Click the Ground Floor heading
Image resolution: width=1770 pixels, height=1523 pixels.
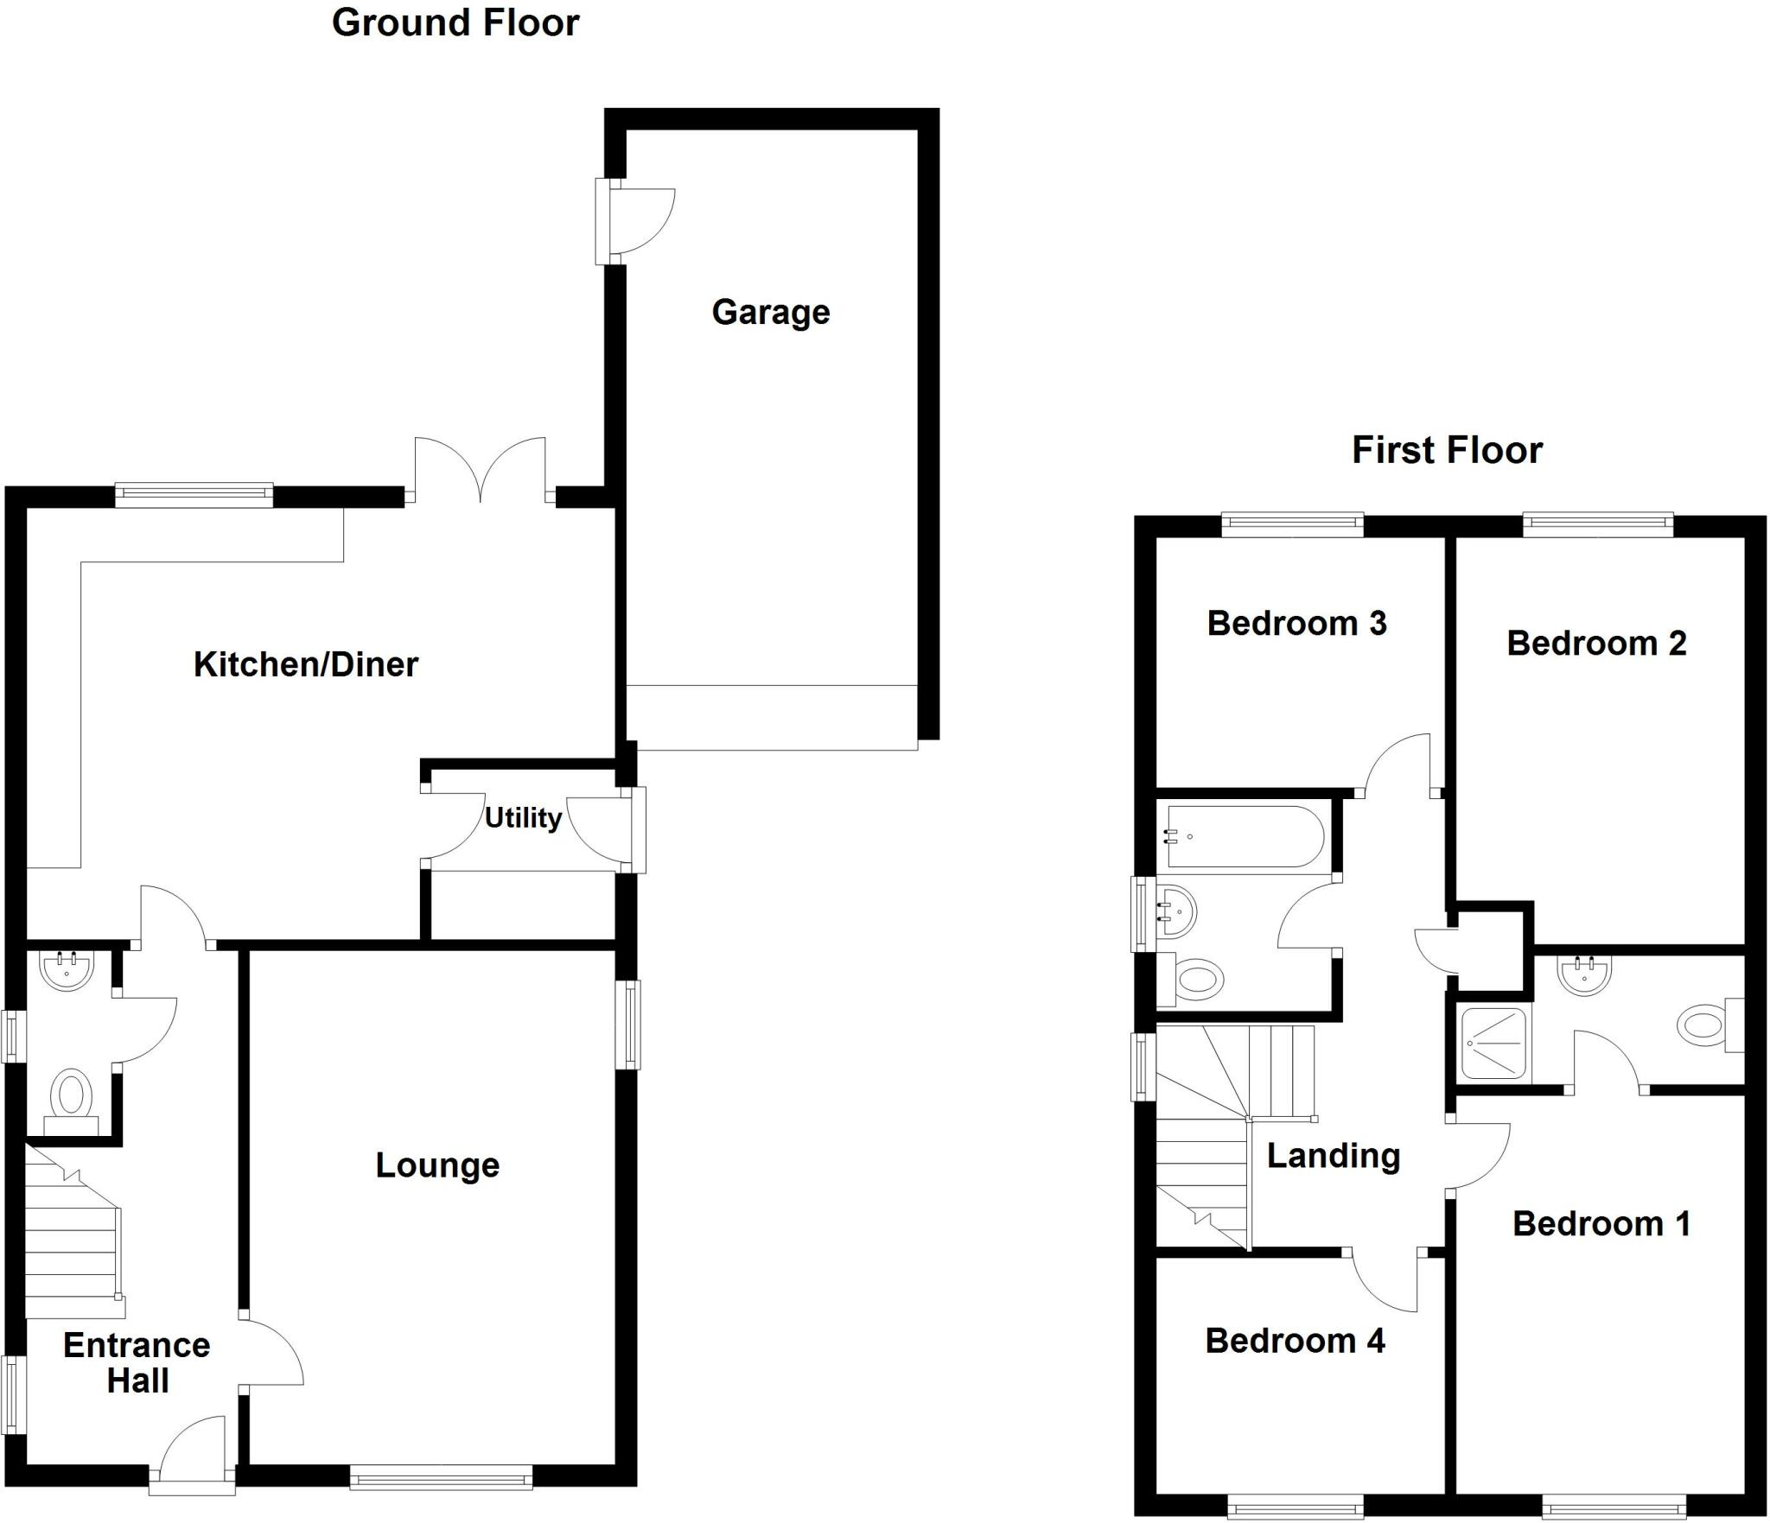[x=455, y=23]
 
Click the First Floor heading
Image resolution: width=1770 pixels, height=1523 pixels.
[x=1447, y=451]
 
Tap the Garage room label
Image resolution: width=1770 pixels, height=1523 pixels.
[x=770, y=312]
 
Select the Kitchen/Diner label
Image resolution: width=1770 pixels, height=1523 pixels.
[x=306, y=664]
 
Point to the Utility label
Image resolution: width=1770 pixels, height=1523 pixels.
[x=523, y=817]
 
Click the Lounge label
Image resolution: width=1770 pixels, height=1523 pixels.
[x=437, y=1165]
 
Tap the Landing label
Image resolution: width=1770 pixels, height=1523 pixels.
[x=1334, y=1156]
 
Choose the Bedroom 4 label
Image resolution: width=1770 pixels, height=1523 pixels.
[x=1295, y=1341]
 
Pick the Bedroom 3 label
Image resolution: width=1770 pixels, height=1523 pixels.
[x=1296, y=623]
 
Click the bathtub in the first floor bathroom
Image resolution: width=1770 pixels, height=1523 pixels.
[x=1245, y=836]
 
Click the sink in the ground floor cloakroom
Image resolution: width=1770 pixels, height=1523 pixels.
[x=67, y=969]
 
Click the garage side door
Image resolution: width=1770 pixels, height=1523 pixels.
[x=635, y=221]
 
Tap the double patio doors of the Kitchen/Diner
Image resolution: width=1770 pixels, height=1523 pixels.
[x=481, y=471]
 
